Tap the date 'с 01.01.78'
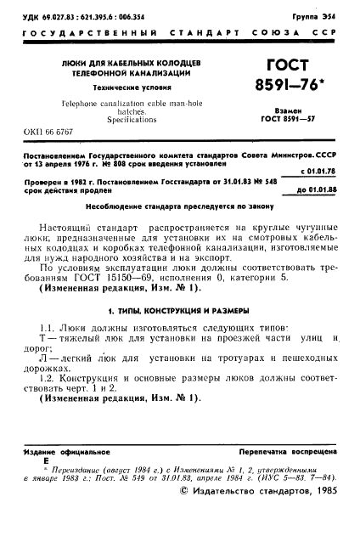(318, 171)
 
